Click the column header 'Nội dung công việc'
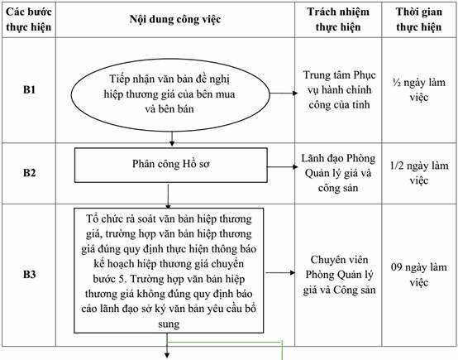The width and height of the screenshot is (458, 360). pyautogui.click(x=175, y=19)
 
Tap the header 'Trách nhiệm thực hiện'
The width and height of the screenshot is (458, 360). pyautogui.click(x=338, y=19)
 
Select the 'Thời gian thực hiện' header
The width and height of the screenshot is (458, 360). pyautogui.click(x=418, y=19)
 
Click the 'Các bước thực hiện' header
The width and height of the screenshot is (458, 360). pyautogui.click(x=29, y=19)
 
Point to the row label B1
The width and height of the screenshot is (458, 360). pyautogui.click(x=29, y=89)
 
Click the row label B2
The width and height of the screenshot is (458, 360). pyautogui.click(x=29, y=172)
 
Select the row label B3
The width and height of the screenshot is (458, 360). pyautogui.click(x=29, y=274)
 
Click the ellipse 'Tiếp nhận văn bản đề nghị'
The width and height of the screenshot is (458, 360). pyautogui.click(x=170, y=94)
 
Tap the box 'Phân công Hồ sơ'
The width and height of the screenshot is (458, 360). pyautogui.click(x=171, y=166)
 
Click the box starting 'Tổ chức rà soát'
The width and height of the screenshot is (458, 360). pyautogui.click(x=169, y=271)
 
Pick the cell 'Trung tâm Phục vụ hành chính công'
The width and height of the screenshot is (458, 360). pyautogui.click(x=339, y=89)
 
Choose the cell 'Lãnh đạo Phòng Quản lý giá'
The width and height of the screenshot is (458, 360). pyautogui.click(x=338, y=173)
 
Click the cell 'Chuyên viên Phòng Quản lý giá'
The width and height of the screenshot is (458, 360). pyautogui.click(x=339, y=275)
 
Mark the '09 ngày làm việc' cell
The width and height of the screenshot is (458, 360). pyautogui.click(x=419, y=274)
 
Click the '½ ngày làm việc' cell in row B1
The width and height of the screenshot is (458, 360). pyautogui.click(x=419, y=89)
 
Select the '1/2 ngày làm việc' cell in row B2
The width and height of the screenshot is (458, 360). pyautogui.click(x=419, y=173)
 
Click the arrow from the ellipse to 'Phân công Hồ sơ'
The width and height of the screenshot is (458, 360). pyautogui.click(x=172, y=139)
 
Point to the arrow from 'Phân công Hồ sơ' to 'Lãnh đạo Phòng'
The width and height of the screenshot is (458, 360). pyautogui.click(x=283, y=167)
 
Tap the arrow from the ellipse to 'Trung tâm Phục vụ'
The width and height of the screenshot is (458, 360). pyautogui.click(x=284, y=93)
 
